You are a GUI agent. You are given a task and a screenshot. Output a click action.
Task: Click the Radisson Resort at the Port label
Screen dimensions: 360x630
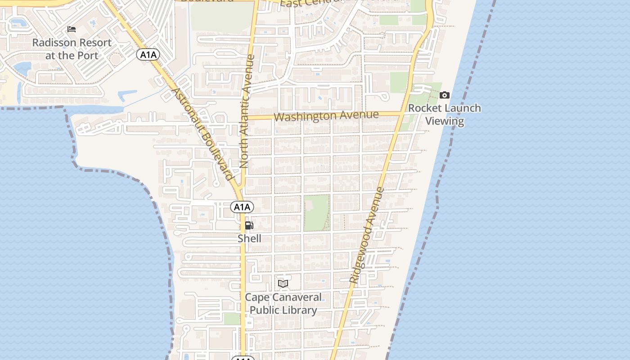pyautogui.click(x=72, y=49)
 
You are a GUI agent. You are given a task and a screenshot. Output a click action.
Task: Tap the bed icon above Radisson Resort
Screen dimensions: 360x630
pyautogui.click(x=72, y=30)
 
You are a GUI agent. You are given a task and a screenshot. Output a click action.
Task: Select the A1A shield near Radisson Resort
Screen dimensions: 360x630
pyautogui.click(x=148, y=55)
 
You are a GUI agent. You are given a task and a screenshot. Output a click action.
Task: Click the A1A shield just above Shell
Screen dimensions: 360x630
pyautogui.click(x=242, y=207)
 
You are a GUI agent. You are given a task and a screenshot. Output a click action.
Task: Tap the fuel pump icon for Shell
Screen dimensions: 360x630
pyautogui.click(x=249, y=225)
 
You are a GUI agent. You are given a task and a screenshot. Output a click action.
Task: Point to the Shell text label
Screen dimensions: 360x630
pyautogui.click(x=249, y=238)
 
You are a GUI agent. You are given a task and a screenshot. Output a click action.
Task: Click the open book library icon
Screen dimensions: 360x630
pyautogui.click(x=283, y=283)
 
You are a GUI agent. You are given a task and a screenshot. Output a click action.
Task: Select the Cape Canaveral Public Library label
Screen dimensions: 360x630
pyautogui.click(x=283, y=304)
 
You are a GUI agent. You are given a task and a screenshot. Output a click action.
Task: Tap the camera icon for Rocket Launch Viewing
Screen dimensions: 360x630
pyautogui.click(x=445, y=95)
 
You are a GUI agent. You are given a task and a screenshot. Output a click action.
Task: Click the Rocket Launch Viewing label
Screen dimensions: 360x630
pyautogui.click(x=445, y=114)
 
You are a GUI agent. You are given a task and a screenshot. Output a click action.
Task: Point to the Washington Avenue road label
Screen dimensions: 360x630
pyautogui.click(x=326, y=116)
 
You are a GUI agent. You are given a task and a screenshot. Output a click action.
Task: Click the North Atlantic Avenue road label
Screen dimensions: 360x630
pyautogui.click(x=247, y=112)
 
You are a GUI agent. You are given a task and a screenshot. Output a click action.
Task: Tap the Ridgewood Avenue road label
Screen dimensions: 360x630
pyautogui.click(x=367, y=235)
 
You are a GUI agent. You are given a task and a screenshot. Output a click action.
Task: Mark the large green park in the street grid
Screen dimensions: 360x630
pyautogui.click(x=316, y=213)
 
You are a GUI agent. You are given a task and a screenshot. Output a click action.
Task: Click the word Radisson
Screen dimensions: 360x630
pyautogui.click(x=54, y=43)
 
